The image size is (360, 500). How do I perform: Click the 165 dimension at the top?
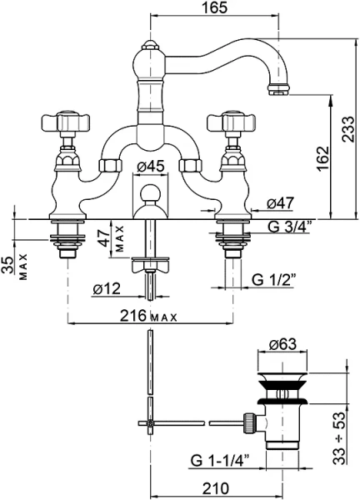(x=214, y=7)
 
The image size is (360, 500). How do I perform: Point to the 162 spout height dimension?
(x=322, y=158)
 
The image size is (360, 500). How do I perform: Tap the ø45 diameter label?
(x=151, y=166)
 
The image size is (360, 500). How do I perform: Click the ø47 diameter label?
(x=280, y=202)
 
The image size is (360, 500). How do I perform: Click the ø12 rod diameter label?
(x=107, y=289)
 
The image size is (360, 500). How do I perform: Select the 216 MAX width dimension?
(x=148, y=316)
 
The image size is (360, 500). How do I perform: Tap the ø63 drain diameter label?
(x=282, y=344)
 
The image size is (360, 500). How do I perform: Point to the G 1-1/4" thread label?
(x=220, y=461)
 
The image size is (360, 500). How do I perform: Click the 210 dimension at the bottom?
(x=216, y=488)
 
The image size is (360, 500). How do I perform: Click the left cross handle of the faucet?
(x=66, y=122)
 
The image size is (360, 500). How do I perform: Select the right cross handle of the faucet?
(x=232, y=122)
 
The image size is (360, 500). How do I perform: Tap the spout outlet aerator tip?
(x=278, y=89)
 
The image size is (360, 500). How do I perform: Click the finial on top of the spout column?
(x=151, y=45)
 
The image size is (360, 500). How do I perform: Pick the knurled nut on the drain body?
(x=249, y=422)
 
